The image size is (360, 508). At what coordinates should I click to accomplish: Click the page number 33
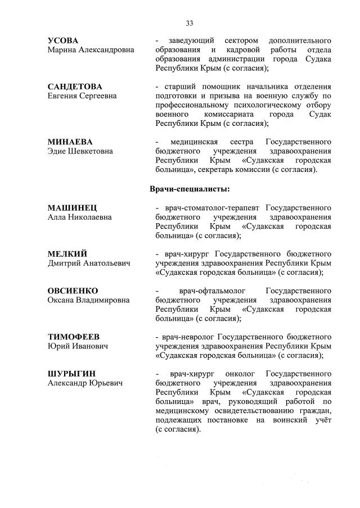[x=190, y=23]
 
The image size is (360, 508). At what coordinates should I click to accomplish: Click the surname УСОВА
[x=63, y=41]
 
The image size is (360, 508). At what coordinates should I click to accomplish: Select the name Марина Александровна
[x=91, y=50]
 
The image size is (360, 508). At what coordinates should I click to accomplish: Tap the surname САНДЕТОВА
[x=75, y=87]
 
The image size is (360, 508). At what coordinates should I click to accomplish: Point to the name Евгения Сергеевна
[x=82, y=96]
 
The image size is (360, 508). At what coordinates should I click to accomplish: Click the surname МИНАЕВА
[x=70, y=142]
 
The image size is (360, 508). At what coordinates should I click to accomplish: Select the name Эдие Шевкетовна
[x=80, y=151]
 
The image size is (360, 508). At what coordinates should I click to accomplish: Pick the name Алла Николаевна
[x=79, y=217]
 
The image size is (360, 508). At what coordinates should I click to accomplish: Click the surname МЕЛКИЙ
[x=67, y=254]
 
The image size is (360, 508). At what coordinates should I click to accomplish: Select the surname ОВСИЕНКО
[x=73, y=291]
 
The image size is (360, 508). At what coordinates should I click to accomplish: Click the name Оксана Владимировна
[x=88, y=300]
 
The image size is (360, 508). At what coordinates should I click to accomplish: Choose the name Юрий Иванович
[x=77, y=346]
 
